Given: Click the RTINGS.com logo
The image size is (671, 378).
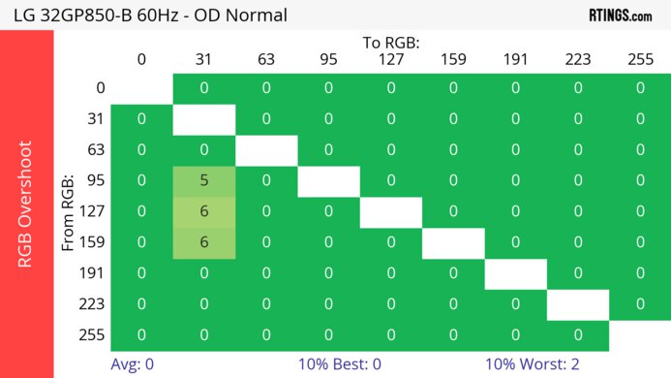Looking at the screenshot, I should pyautogui.click(x=620, y=16).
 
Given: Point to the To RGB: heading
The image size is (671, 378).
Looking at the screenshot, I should pyautogui.click(x=391, y=43).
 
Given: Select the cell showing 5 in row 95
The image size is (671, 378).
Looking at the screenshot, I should pyautogui.click(x=204, y=180).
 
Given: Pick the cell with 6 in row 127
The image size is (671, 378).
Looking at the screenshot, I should pyautogui.click(x=204, y=211).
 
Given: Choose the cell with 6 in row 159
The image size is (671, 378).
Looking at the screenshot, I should pyautogui.click(x=204, y=242).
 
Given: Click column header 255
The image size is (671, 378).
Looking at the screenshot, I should pyautogui.click(x=640, y=59).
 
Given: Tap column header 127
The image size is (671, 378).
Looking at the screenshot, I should pyautogui.click(x=391, y=59).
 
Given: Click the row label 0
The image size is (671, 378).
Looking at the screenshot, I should pyautogui.click(x=100, y=88).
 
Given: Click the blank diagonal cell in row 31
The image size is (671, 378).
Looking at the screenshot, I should pyautogui.click(x=204, y=119).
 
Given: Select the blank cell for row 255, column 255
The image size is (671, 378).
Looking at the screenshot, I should pyautogui.click(x=640, y=334).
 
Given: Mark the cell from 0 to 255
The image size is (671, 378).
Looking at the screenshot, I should pyautogui.click(x=640, y=88).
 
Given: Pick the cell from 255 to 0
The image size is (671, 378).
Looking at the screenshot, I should pyautogui.click(x=141, y=334).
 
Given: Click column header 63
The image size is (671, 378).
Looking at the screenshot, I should pyautogui.click(x=266, y=59).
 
